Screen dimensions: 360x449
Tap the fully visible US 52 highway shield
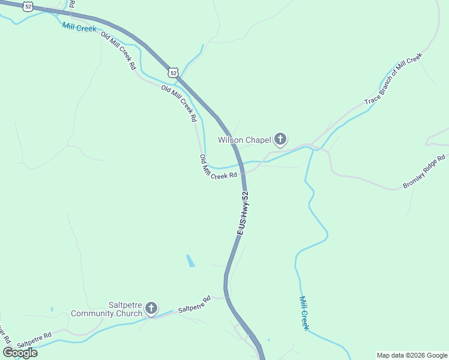(x=173, y=72)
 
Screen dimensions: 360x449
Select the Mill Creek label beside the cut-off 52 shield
(x=79, y=28)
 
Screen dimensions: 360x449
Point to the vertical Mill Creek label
(x=304, y=313)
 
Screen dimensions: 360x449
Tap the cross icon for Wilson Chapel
(x=280, y=140)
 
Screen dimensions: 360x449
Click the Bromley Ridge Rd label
(x=425, y=172)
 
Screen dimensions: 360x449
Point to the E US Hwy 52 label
(x=243, y=213)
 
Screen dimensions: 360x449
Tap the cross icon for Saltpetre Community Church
(x=151, y=310)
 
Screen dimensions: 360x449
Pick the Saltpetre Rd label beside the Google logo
(x=35, y=340)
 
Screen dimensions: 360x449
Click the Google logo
(x=20, y=353)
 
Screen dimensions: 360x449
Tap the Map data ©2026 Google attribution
(x=412, y=355)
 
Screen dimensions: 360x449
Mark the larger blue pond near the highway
(x=190, y=261)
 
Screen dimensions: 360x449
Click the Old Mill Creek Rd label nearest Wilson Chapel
(x=218, y=167)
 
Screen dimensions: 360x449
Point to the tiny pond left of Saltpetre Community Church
(x=52, y=310)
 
